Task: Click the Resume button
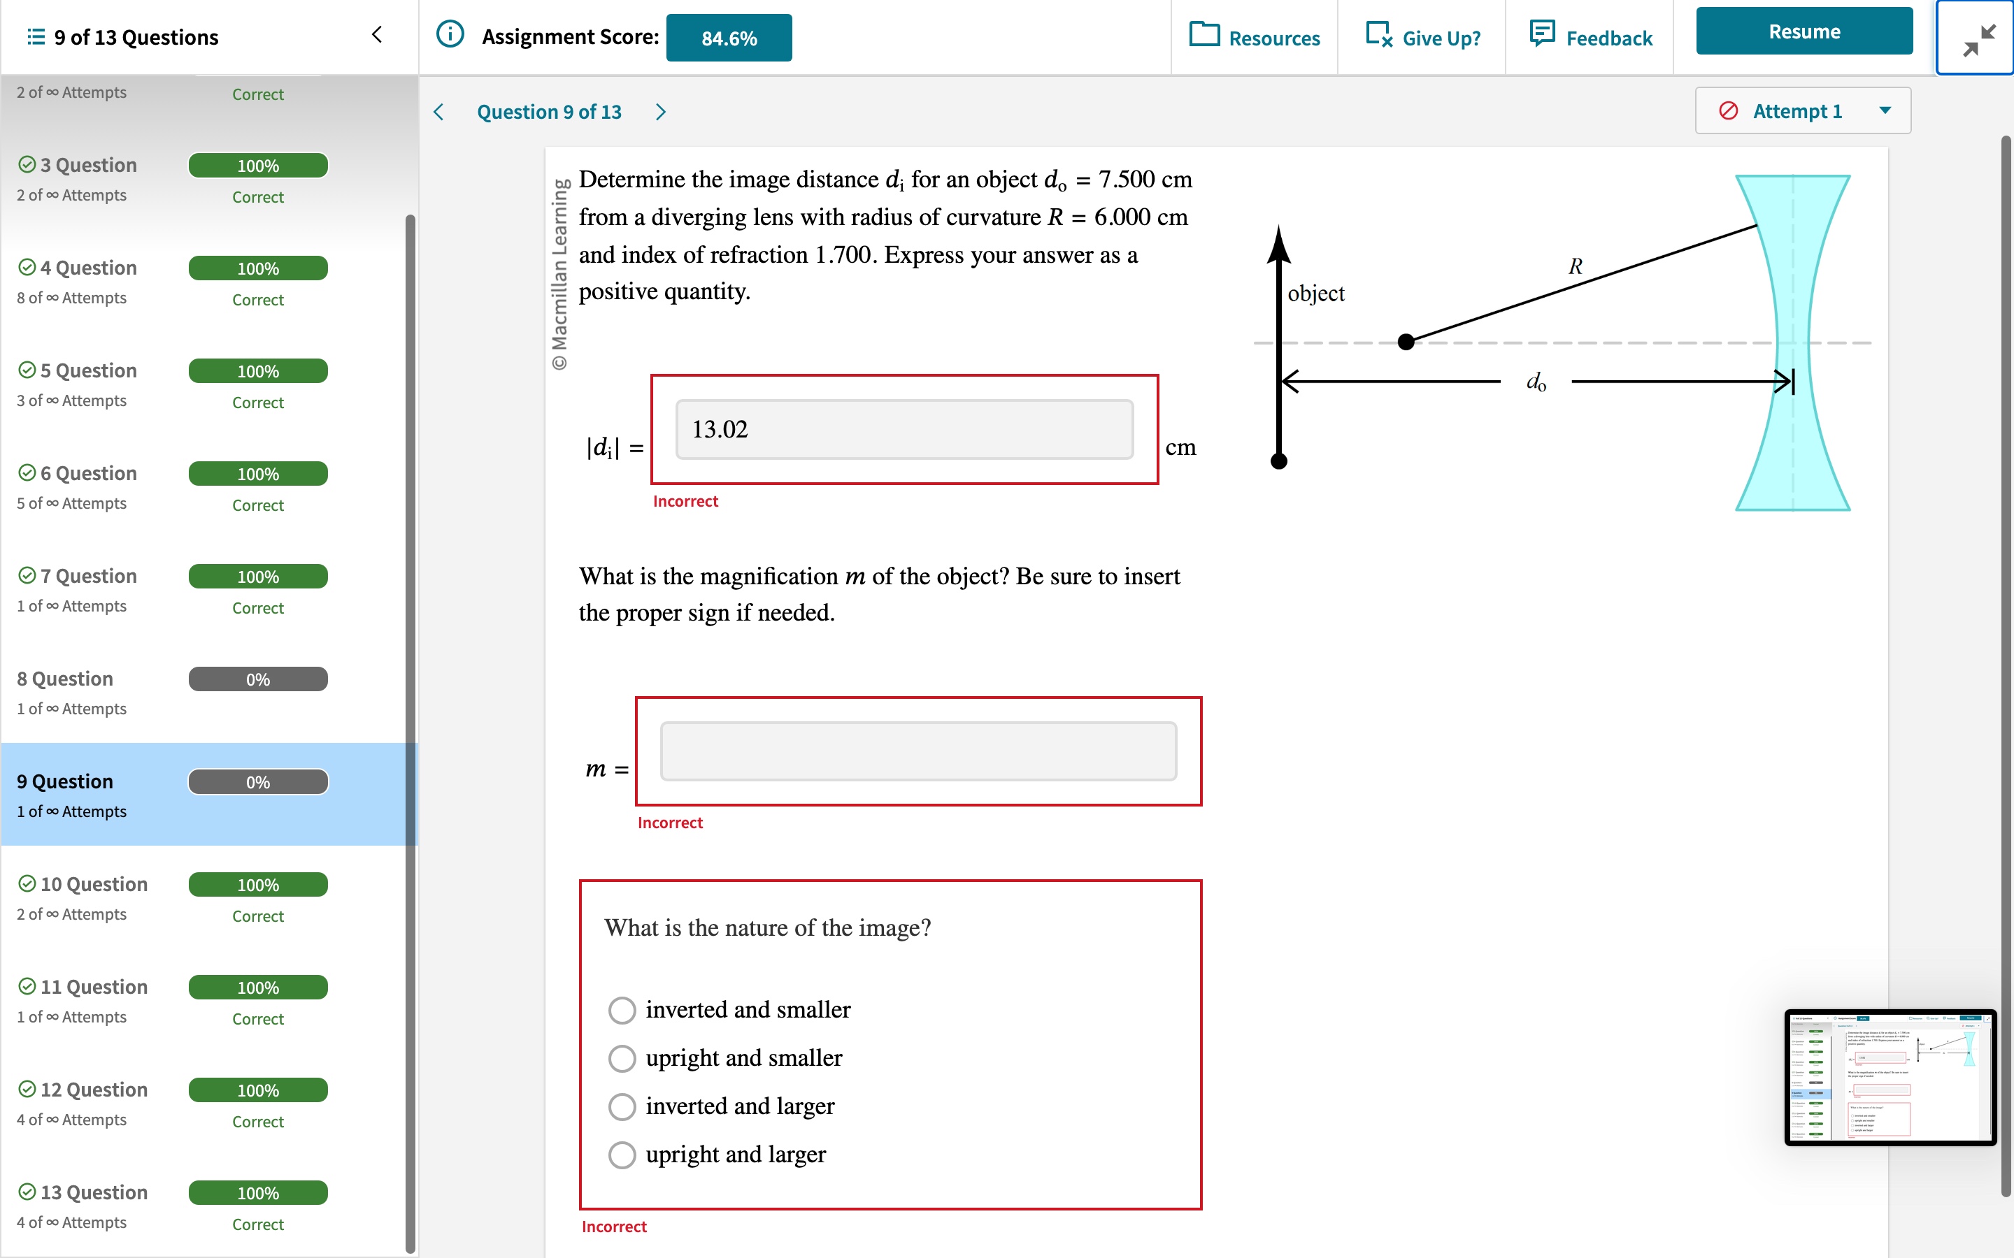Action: (1804, 31)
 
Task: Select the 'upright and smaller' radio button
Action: (622, 1058)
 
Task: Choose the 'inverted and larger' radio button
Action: (622, 1106)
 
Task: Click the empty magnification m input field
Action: (918, 751)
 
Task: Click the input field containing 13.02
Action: (904, 429)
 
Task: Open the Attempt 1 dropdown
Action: (1803, 110)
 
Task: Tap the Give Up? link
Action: (1423, 38)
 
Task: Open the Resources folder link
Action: (1255, 38)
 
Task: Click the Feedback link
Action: (1591, 38)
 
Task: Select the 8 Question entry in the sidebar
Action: (65, 679)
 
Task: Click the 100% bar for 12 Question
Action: (258, 1090)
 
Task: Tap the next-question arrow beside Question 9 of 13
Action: (661, 113)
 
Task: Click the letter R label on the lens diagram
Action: (1575, 266)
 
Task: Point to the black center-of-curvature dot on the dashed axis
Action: (1406, 342)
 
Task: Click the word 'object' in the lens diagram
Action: (1316, 294)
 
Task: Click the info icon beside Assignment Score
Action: (450, 35)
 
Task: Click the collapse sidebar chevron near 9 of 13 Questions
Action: (377, 35)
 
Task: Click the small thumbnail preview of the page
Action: (1889, 1078)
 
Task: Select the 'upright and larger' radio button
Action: (622, 1155)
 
